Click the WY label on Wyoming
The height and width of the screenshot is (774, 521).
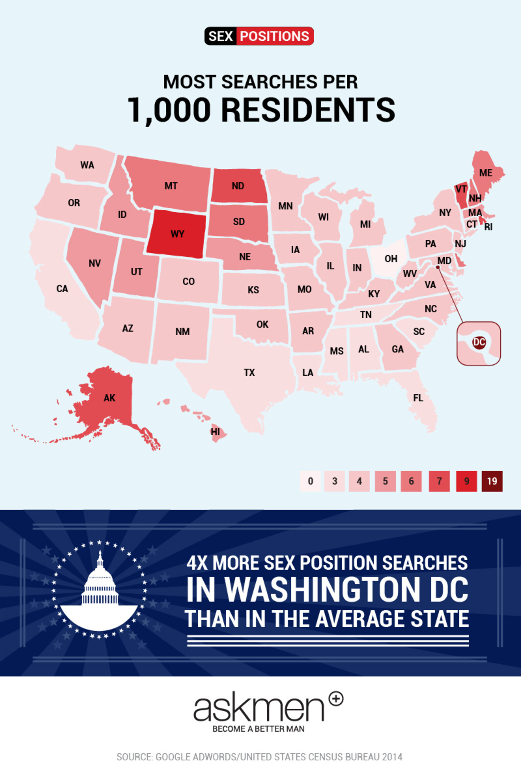click(x=177, y=234)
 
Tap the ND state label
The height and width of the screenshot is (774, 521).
click(x=238, y=186)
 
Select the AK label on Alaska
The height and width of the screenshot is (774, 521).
click(x=109, y=398)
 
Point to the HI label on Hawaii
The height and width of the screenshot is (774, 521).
click(x=215, y=431)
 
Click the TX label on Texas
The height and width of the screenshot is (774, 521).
click(x=249, y=373)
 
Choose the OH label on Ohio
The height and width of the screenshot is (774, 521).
click(x=391, y=259)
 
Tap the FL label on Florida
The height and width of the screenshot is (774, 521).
click(x=418, y=398)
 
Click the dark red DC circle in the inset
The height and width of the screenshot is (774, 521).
click(x=479, y=342)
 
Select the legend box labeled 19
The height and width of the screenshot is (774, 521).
click(x=492, y=481)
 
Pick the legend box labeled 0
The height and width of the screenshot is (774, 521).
click(x=310, y=481)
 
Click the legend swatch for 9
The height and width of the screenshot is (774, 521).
click(x=466, y=481)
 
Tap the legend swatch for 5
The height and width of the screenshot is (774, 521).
click(x=385, y=481)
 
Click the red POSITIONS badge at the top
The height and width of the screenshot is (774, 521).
click(x=274, y=36)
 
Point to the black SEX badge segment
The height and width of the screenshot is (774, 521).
click(x=220, y=36)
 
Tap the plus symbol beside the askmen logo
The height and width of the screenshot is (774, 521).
click(x=336, y=699)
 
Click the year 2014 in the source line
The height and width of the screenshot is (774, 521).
click(x=392, y=754)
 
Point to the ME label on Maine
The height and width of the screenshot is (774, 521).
click(x=485, y=173)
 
